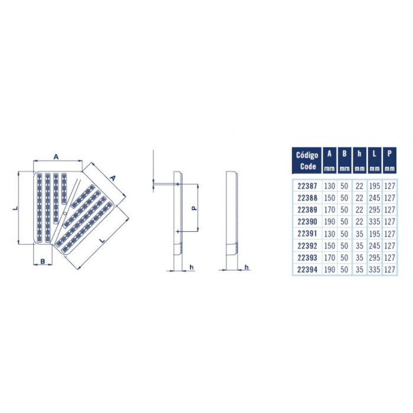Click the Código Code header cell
tap(307, 160)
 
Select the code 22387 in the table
tap(307, 186)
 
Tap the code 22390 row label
tap(307, 222)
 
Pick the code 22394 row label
tap(307, 270)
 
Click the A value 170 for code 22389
tap(329, 210)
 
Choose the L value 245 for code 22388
tap(374, 198)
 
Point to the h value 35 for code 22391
tap(359, 234)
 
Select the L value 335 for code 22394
tap(374, 270)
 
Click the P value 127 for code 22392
tap(389, 246)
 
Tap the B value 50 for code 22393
tap(344, 258)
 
